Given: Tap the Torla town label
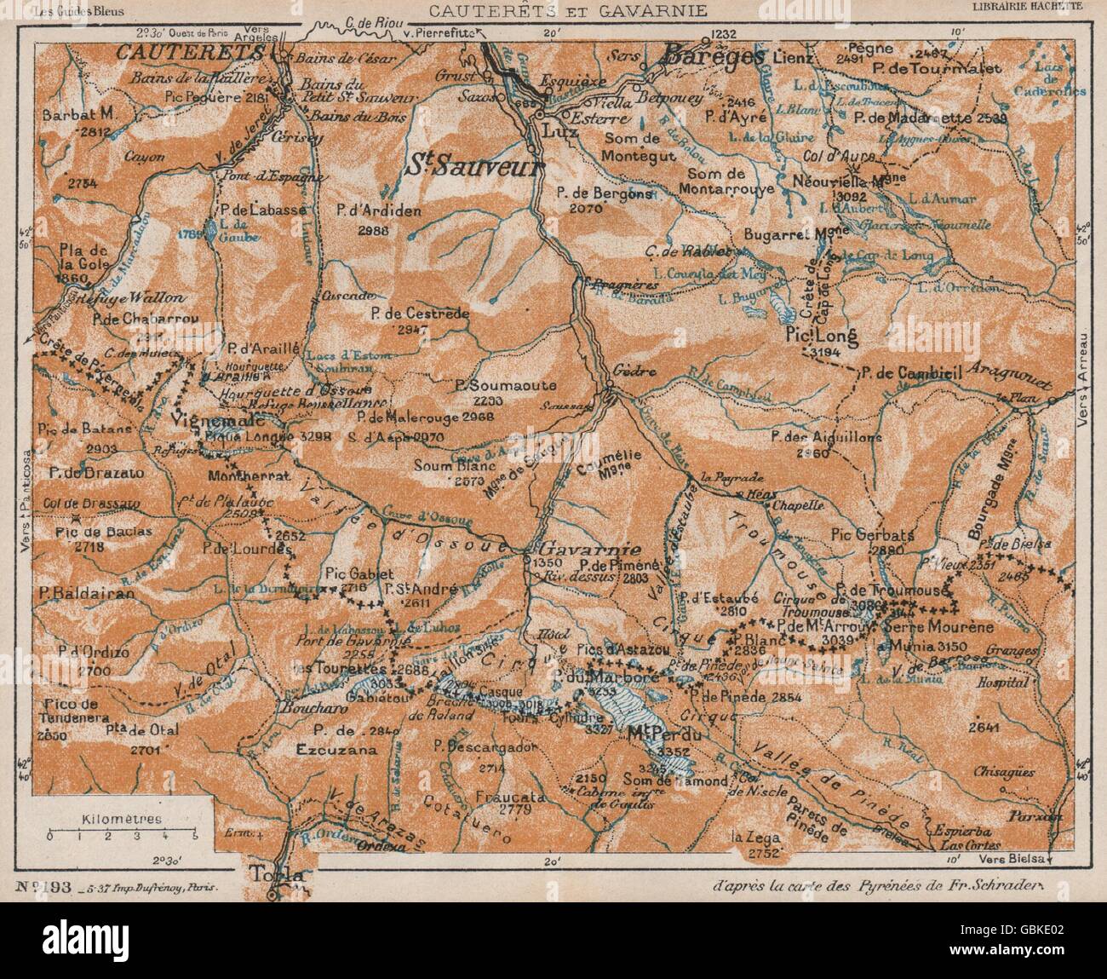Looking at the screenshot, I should [272, 875].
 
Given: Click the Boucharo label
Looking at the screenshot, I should [303, 705].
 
